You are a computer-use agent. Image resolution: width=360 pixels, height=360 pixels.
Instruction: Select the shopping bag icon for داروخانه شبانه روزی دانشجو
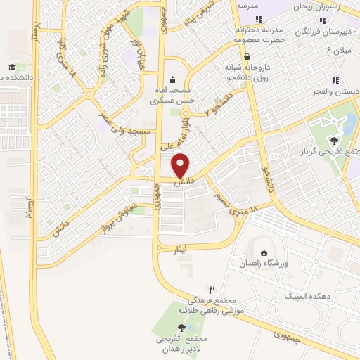pyautogui.click(x=247, y=56)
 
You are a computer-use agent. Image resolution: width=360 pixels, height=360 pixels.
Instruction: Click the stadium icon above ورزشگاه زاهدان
pyautogui.click(x=264, y=253)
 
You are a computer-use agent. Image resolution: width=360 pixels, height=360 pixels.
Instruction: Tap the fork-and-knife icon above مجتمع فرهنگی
pyautogui.click(x=212, y=289)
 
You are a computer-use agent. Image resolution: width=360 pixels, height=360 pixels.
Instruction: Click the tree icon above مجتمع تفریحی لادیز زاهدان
pyautogui.click(x=182, y=327)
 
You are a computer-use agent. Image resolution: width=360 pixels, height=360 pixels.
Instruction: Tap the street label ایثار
pyautogui.click(x=180, y=249)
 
